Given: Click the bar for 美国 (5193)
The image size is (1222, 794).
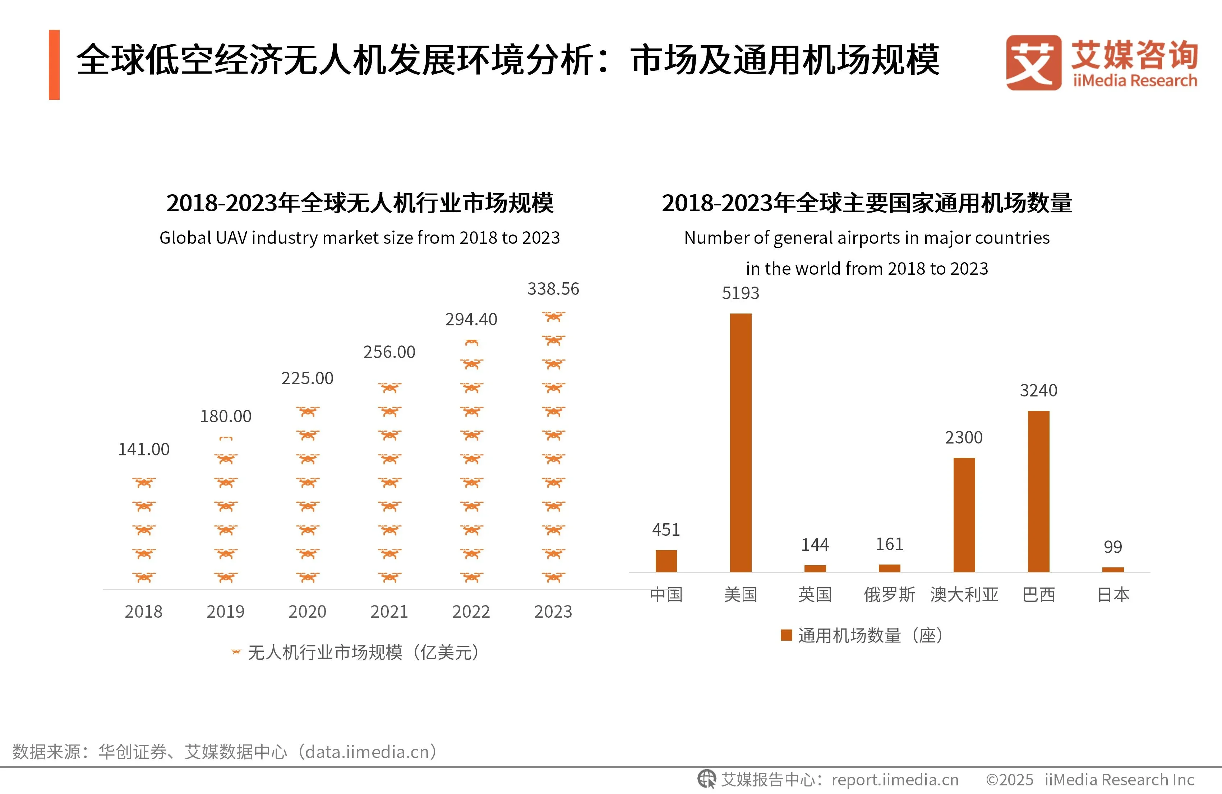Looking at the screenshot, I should point(741,442).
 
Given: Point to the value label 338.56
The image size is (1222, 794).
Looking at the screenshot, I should point(553,289).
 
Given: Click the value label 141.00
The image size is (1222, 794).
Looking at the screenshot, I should point(144,450).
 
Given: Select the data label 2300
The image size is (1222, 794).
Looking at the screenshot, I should point(964,438).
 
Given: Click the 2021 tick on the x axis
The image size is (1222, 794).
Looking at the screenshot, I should point(389,612).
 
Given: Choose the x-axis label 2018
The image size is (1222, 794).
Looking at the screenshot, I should point(144,612).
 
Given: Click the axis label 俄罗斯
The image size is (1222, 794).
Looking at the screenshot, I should point(889,595).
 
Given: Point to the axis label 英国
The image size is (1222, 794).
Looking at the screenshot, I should point(815,595).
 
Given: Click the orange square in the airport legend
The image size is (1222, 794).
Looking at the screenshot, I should point(786,635).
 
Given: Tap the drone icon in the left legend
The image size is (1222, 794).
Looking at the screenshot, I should point(236,653).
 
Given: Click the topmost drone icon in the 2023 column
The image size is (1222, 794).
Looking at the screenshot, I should point(553,317).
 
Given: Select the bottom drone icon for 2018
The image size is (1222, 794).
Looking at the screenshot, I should point(144,577).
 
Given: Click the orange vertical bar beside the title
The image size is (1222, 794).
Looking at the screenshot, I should point(54,65).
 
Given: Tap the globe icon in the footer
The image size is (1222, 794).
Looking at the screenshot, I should point(706,779).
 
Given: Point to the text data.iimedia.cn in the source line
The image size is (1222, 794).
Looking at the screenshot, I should point(367,752).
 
